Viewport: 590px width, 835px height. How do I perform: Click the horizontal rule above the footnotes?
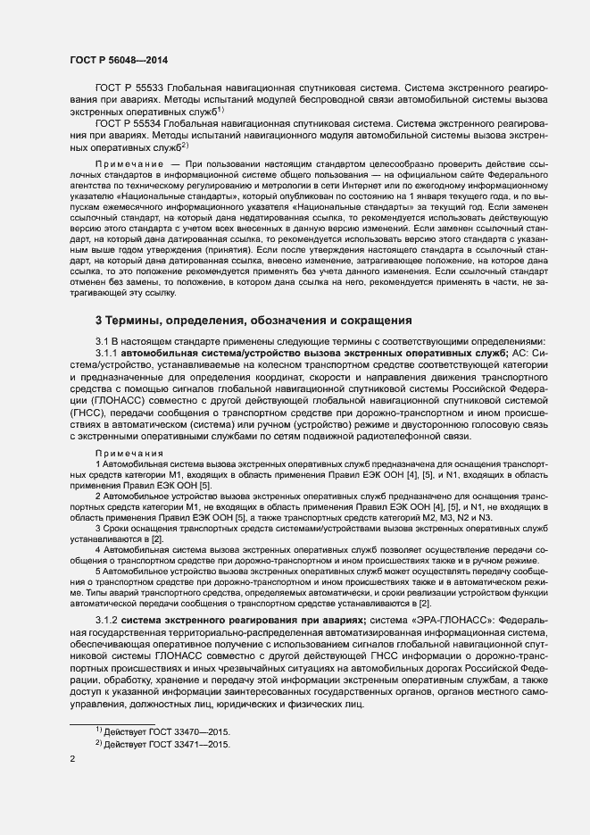coord(112,722)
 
